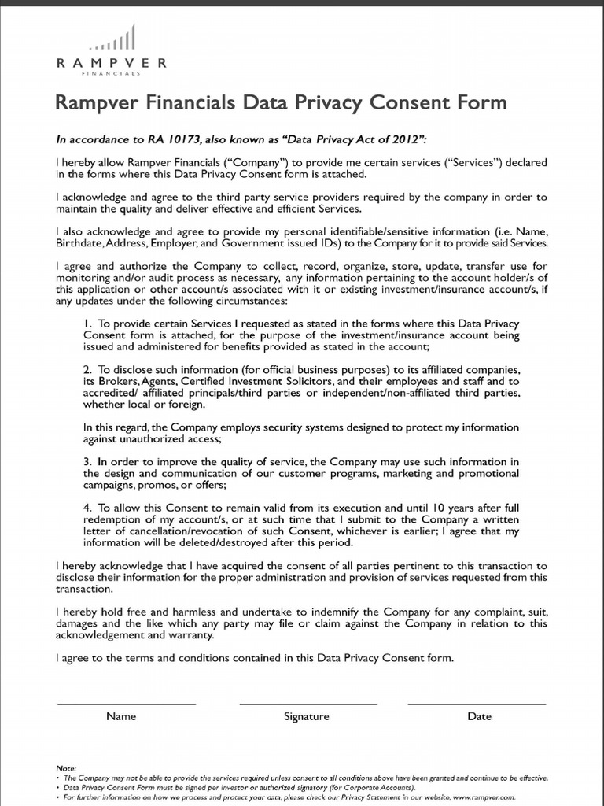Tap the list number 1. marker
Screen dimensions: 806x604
tap(87, 324)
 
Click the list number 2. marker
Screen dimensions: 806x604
tap(87, 369)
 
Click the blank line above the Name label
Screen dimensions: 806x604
tap(127, 703)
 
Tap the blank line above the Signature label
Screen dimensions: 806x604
tap(308, 703)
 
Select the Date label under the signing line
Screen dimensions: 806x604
tap(479, 716)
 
